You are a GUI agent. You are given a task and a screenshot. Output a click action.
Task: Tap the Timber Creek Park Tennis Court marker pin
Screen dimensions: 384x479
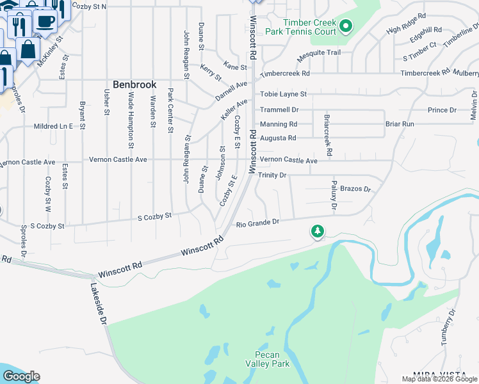pos(346,27)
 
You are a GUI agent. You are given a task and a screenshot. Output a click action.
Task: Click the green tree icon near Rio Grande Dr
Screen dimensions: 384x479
pos(317,231)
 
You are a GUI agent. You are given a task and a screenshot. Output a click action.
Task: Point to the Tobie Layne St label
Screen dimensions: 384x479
pos(282,94)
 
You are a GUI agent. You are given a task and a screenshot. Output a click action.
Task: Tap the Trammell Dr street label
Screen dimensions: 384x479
pos(279,110)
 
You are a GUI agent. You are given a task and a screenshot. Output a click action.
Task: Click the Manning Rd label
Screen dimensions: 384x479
pos(278,124)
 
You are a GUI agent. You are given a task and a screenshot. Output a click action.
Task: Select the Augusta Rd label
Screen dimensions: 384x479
pos(277,138)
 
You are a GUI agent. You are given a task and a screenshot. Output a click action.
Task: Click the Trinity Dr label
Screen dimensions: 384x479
pos(272,175)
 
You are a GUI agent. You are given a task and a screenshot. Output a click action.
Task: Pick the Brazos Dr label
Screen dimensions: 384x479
pos(355,189)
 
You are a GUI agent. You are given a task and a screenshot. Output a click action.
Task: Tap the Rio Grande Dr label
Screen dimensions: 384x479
pos(258,223)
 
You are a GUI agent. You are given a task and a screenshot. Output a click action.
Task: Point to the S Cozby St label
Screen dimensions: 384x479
pos(154,217)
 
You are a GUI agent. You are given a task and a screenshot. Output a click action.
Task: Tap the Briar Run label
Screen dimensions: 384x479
pos(400,124)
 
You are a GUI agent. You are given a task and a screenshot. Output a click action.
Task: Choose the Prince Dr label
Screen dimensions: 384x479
pos(442,110)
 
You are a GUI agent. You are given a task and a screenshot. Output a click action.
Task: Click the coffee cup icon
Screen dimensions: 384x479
pos(44,21)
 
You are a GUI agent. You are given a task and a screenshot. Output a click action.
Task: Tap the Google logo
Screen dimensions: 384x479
pos(21,376)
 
